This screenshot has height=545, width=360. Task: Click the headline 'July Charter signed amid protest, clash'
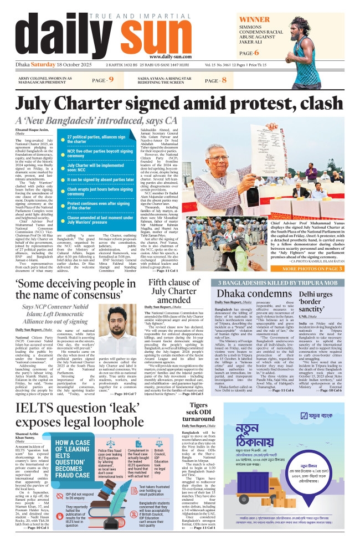[179, 104]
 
